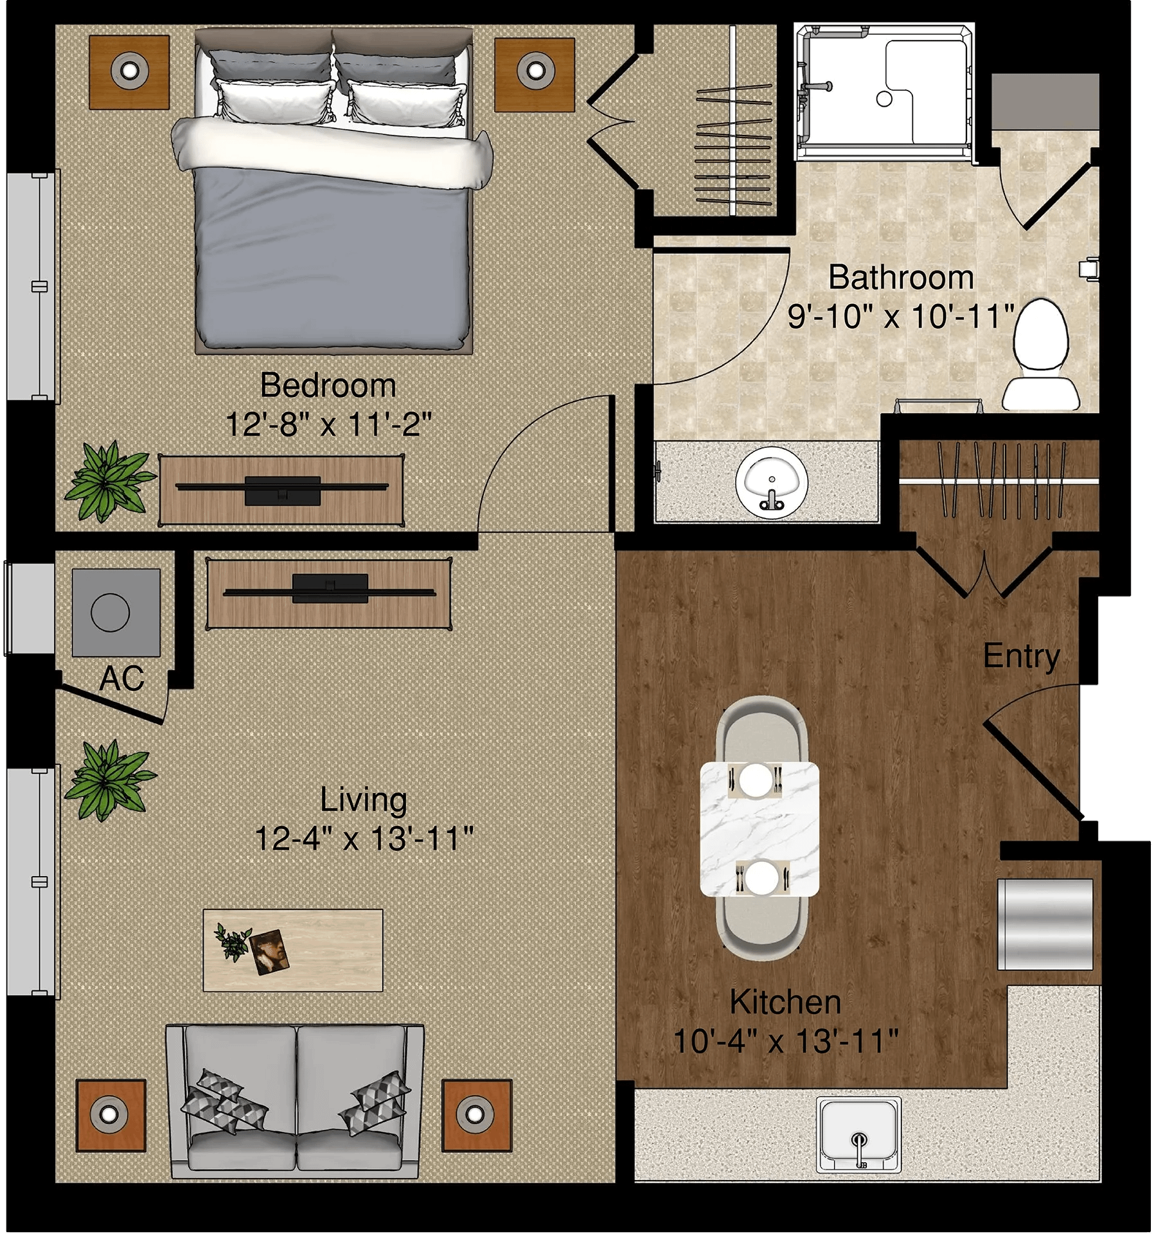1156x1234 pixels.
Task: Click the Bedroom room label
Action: tap(328, 386)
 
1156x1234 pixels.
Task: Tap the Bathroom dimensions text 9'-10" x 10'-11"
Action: tap(901, 316)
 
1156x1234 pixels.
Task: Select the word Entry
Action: tap(1021, 656)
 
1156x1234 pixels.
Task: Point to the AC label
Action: tap(121, 678)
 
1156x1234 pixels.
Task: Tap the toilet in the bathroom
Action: tap(1041, 355)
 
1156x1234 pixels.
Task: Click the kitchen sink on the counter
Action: tap(858, 1134)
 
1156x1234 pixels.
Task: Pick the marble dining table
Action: tap(760, 829)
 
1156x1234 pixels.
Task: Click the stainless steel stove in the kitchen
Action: tap(1045, 924)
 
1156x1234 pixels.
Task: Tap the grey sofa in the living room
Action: tap(296, 1101)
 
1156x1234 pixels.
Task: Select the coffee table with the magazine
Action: tap(293, 950)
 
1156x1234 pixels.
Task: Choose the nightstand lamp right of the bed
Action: tap(535, 69)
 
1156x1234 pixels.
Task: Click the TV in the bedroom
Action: tap(282, 487)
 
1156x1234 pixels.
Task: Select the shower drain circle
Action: tap(884, 99)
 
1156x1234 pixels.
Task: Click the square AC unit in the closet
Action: tap(116, 613)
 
